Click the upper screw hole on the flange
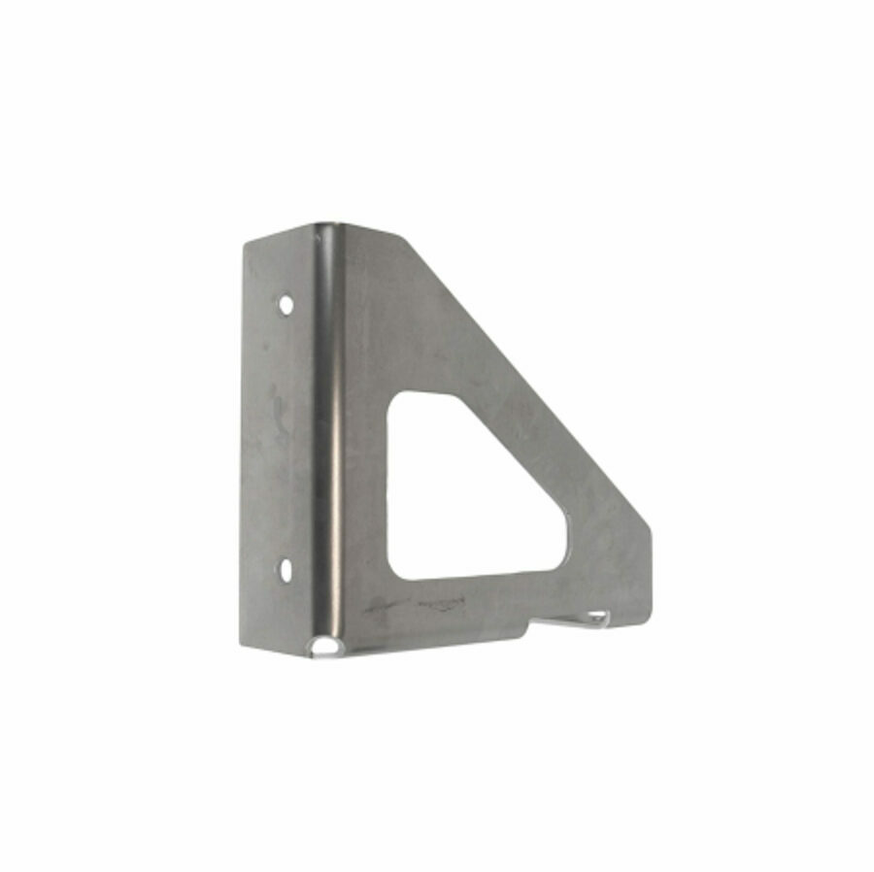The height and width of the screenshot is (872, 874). point(286,304)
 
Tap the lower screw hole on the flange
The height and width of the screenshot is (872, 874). point(286,569)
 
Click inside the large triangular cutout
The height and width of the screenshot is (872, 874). point(456,495)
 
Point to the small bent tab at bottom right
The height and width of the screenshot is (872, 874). point(594,618)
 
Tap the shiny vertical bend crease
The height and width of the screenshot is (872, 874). point(330,437)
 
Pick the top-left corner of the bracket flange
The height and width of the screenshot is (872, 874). point(246,243)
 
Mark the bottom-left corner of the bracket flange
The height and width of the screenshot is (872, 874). point(245,648)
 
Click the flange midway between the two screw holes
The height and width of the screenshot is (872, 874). point(282,437)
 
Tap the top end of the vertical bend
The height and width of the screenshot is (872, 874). point(324,228)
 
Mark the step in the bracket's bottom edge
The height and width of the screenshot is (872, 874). point(530,632)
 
